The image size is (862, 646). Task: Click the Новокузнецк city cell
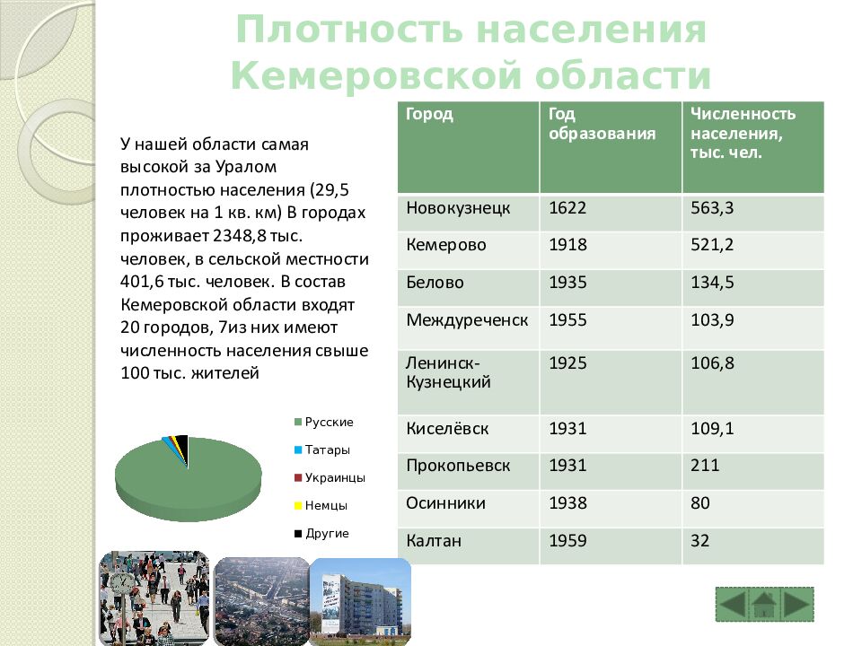(x=458, y=208)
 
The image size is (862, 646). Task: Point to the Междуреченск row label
(x=467, y=321)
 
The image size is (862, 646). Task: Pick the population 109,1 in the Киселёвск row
(x=712, y=430)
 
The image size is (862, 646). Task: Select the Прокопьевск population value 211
(x=705, y=467)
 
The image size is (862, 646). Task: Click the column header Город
(x=429, y=115)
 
